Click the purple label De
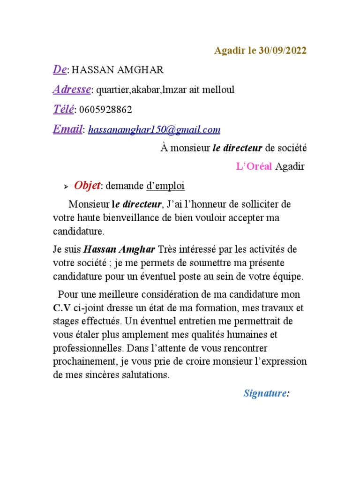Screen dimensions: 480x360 [59, 70]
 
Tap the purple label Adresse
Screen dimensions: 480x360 [72, 90]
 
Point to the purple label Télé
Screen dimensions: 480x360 [63, 110]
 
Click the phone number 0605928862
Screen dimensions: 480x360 [106, 110]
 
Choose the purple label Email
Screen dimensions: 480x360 [67, 129]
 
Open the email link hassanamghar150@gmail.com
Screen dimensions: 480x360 [154, 130]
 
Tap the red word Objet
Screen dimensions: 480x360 [87, 186]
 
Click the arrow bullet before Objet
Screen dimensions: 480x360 [66, 187]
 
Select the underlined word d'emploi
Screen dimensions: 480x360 [165, 186]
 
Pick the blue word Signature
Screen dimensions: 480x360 [265, 393]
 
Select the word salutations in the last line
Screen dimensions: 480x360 [147, 375]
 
